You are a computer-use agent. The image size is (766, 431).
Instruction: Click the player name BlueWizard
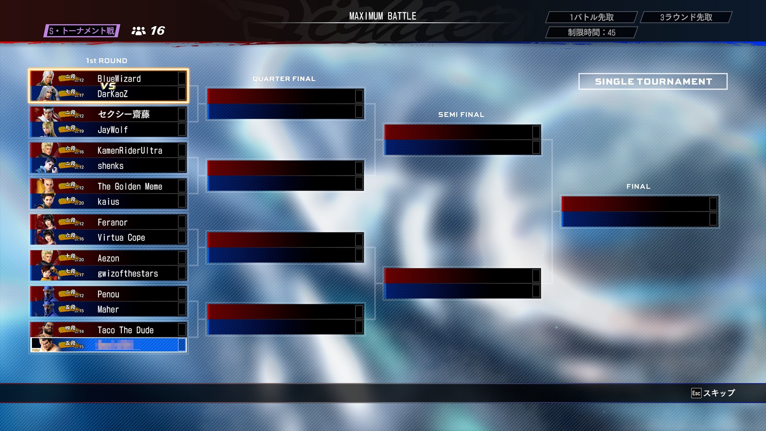tap(119, 79)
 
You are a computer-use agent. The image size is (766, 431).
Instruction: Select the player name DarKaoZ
tap(113, 94)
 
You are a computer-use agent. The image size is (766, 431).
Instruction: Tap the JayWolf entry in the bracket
tap(113, 130)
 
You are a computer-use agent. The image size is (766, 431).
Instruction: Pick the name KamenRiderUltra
tap(130, 150)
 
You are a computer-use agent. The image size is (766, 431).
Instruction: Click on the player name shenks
tap(111, 166)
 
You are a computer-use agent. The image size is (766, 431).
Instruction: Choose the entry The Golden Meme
tap(130, 186)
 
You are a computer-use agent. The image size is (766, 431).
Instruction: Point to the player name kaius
tap(108, 202)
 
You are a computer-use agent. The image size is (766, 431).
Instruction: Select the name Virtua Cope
tap(121, 237)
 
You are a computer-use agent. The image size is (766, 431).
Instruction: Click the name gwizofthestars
tap(128, 273)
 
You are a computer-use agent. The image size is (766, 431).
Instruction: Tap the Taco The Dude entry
tap(125, 330)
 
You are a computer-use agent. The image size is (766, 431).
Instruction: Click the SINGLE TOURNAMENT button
tap(653, 81)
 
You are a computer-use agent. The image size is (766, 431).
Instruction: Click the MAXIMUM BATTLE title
tap(383, 16)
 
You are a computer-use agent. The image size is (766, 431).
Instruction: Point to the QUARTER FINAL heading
tap(284, 79)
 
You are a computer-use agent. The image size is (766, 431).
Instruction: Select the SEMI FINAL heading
tap(461, 115)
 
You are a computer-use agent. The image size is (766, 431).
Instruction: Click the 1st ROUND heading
tap(107, 61)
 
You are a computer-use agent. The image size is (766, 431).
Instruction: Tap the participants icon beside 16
tap(138, 31)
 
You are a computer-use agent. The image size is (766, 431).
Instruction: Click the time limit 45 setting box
tap(591, 32)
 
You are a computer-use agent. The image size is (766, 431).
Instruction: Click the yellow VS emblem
tap(108, 86)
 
